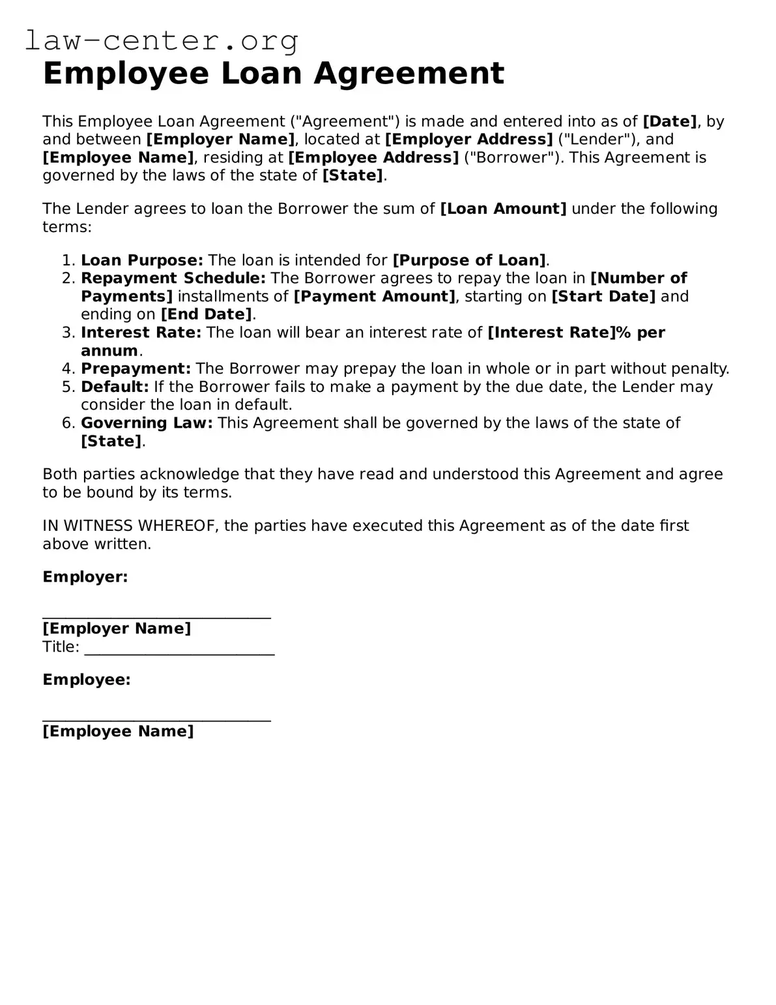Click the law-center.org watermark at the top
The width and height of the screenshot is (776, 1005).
162,40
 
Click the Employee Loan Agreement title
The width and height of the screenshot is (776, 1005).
273,73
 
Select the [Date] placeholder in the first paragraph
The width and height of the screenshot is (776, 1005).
669,121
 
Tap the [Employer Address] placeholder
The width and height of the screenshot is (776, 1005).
468,140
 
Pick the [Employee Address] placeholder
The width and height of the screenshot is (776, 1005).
373,158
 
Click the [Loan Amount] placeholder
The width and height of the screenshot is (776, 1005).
503,209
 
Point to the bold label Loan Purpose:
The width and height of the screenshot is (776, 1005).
142,260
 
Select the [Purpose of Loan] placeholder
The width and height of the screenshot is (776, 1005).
469,260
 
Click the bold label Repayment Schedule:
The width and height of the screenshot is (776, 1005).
173,278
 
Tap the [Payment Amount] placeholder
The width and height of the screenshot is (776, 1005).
375,297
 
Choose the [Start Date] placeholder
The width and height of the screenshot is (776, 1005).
603,297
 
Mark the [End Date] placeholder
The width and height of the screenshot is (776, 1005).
206,314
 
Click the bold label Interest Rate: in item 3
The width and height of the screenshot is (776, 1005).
141,333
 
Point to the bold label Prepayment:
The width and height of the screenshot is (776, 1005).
136,369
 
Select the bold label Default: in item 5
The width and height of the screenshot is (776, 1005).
115,387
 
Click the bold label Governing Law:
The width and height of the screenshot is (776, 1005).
147,423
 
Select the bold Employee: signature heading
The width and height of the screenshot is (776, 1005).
86,680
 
